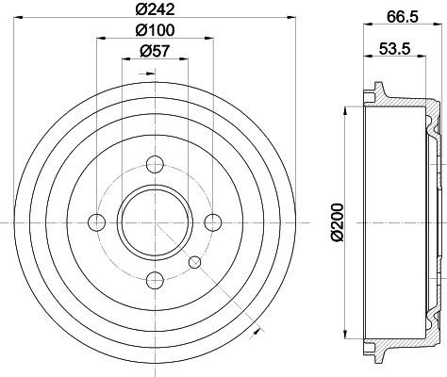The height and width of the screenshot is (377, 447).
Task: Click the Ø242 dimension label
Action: (155, 9)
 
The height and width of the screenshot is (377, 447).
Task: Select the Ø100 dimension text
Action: (155, 30)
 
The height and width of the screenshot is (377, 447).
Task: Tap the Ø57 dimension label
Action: (155, 51)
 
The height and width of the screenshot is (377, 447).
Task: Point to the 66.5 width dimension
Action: (403, 16)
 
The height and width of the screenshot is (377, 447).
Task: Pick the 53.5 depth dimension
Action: (395, 49)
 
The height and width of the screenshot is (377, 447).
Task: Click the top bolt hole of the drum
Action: (156, 164)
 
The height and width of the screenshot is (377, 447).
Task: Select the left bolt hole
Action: (97, 222)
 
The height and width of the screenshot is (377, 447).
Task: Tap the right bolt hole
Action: (213, 222)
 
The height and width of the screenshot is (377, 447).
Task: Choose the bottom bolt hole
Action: (156, 280)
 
